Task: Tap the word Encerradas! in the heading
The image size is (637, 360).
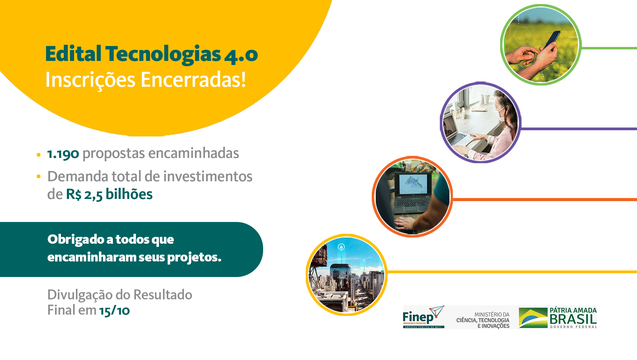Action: tap(193, 80)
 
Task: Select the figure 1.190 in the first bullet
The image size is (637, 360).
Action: tap(63, 154)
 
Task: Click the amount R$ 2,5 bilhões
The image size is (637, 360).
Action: tap(109, 194)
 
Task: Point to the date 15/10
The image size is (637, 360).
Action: tap(114, 311)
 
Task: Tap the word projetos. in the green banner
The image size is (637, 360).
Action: tap(194, 257)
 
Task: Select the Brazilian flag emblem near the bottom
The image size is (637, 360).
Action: tap(533, 318)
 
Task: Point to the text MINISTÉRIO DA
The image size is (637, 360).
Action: tap(492, 315)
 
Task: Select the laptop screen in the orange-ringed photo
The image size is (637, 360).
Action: tap(413, 184)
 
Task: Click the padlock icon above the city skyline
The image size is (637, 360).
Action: tap(341, 247)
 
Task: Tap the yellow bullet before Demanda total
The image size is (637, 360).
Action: tap(39, 177)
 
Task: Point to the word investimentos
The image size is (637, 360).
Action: tap(208, 176)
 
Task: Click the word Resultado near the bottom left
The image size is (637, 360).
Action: tap(163, 295)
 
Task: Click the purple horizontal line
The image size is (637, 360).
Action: tap(579, 129)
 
